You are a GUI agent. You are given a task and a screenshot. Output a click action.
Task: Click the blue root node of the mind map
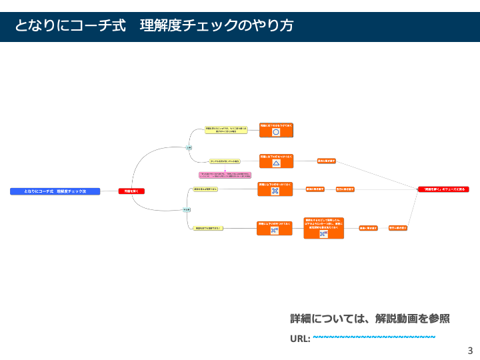(55, 191)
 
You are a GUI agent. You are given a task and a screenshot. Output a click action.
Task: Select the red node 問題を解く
(131, 191)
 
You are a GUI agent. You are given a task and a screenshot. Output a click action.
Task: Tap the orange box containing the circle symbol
(276, 129)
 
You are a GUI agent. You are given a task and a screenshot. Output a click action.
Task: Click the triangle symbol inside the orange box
(276, 163)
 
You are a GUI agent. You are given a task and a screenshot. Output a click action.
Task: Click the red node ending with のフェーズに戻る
(441, 189)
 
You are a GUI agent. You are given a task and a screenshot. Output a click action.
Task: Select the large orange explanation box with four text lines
(324, 227)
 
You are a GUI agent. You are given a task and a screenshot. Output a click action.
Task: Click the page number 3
(470, 351)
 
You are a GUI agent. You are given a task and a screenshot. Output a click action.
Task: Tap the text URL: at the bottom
(300, 338)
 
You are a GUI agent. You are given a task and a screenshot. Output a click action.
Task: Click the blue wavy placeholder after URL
(374, 337)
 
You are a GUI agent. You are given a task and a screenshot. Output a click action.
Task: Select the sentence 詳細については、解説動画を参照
(370, 319)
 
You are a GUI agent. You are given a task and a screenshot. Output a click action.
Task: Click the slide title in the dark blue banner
(155, 26)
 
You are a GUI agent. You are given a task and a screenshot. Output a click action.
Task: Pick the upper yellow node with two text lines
(226, 130)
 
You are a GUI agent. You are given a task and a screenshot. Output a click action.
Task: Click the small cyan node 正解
(189, 147)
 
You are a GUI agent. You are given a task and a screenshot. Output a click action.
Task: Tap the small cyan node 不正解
(187, 209)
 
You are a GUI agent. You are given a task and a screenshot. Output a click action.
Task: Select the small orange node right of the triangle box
(326, 161)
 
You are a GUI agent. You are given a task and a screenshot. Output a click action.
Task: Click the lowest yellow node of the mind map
(208, 228)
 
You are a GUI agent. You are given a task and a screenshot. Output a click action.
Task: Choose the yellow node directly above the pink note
(225, 161)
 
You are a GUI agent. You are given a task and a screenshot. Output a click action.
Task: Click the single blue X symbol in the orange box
(275, 191)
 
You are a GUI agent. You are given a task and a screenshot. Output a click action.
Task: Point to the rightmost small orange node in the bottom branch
(398, 228)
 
